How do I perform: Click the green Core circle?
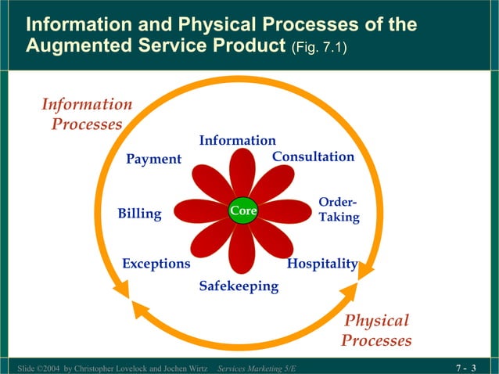(242, 211)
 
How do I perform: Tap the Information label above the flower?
(237, 141)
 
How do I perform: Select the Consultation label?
(313, 157)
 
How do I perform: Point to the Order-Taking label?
(339, 210)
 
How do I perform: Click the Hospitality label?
(322, 264)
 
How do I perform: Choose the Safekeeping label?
(239, 286)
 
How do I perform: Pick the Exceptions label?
(156, 264)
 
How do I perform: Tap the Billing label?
(139, 214)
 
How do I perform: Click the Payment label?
(154, 159)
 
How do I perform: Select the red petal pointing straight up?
(242, 172)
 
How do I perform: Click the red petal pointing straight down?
(242, 250)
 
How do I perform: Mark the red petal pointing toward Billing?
(199, 211)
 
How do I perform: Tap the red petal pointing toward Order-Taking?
(285, 211)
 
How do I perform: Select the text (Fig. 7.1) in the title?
(319, 49)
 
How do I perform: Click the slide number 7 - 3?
(466, 368)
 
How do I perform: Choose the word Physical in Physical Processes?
(377, 321)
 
